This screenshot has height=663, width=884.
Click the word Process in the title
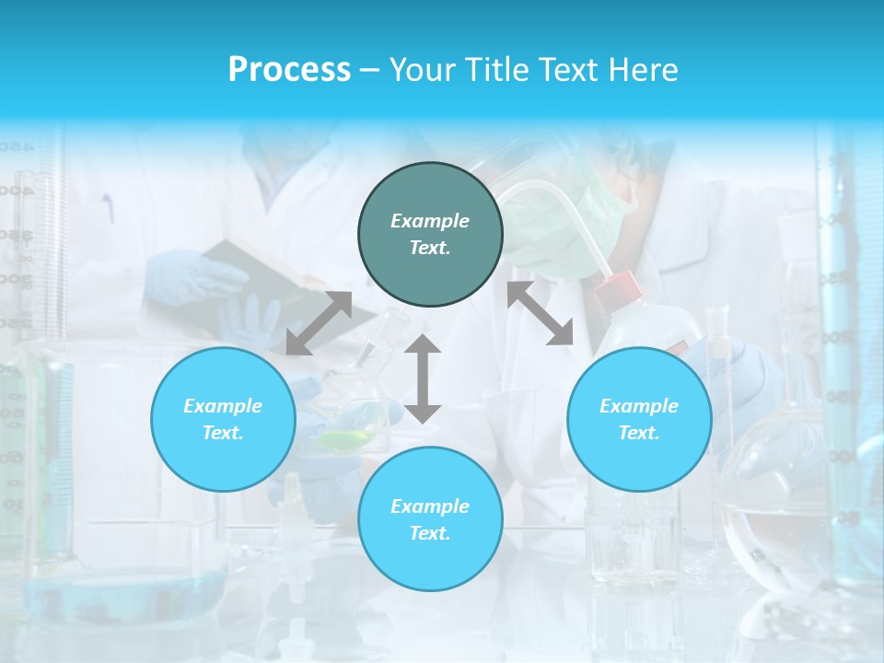coord(289,70)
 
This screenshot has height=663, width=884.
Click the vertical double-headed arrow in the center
coord(423,378)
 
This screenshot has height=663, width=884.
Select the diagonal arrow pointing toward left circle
coord(319,323)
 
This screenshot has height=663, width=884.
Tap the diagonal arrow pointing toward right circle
coord(541,313)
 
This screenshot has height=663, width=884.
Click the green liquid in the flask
coord(346,439)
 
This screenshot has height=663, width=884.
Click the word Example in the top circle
coord(430,221)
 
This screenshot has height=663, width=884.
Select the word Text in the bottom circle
coord(429,533)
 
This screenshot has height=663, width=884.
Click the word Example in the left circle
coord(223,406)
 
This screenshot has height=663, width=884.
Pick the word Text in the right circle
coord(638,433)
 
